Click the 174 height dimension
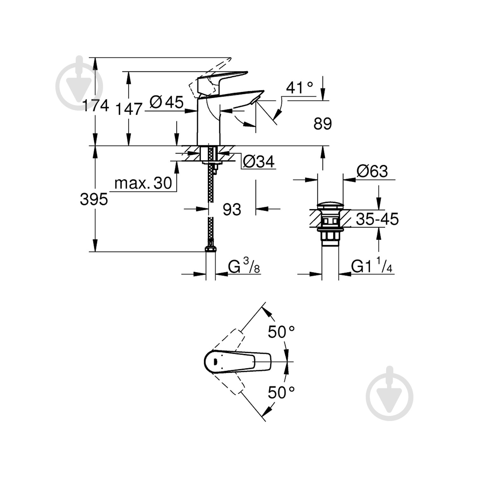coord(95,105)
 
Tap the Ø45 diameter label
coord(167,102)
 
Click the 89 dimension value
coord(322,124)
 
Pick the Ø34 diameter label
coord(258,162)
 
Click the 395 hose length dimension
coord(94,200)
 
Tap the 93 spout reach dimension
coord(232,210)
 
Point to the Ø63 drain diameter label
coord(372,172)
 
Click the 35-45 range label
coord(377,219)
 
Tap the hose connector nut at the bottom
coord(210,249)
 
